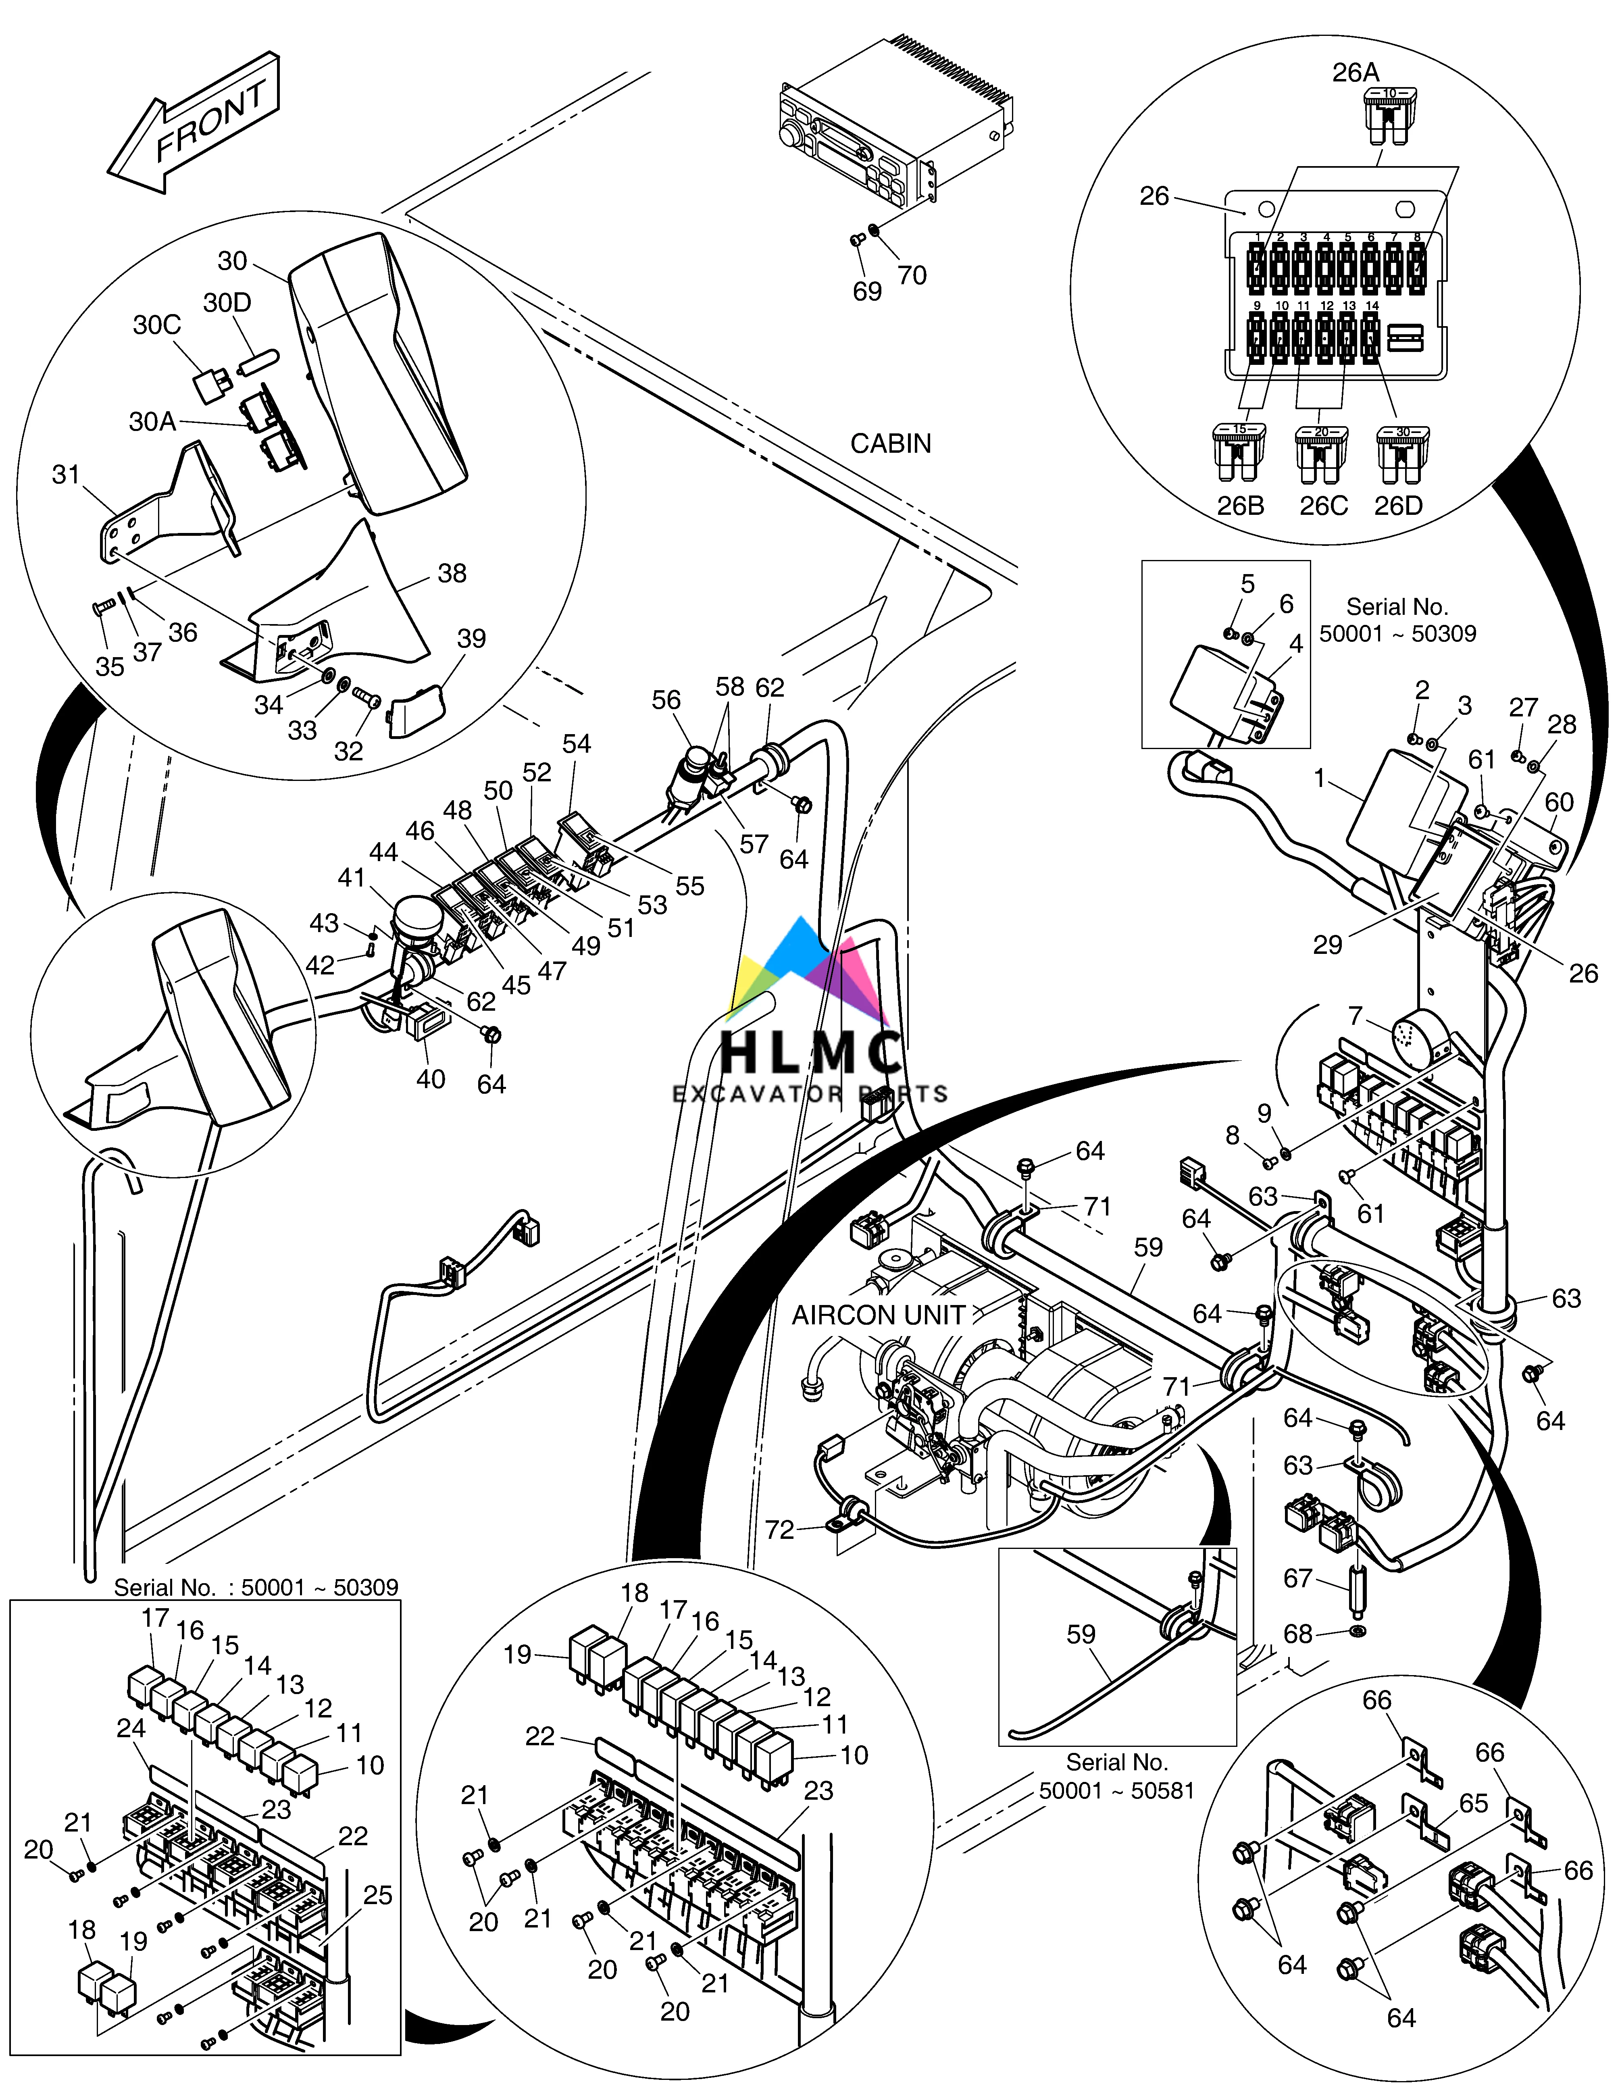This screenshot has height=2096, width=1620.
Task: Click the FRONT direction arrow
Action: [197, 125]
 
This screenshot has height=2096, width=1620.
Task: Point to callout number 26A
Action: [1355, 72]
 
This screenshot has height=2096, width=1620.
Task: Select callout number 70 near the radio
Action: [912, 275]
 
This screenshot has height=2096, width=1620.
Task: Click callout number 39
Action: [471, 638]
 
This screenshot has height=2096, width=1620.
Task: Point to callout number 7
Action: [1355, 1016]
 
